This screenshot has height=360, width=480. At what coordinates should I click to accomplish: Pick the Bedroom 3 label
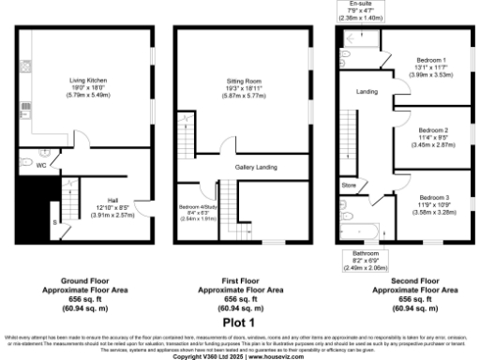point(433,197)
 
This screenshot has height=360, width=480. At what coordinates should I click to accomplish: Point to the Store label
point(349,185)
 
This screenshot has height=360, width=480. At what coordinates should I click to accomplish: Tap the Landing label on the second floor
point(367,91)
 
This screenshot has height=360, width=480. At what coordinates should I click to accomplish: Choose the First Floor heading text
point(240,280)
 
